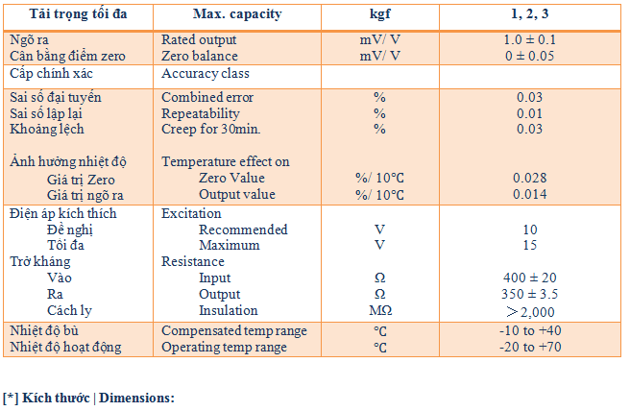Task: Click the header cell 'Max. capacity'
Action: [x=209, y=15]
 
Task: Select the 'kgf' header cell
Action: [x=379, y=15]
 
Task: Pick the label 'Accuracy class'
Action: [x=206, y=74]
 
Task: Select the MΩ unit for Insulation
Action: [x=379, y=310]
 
